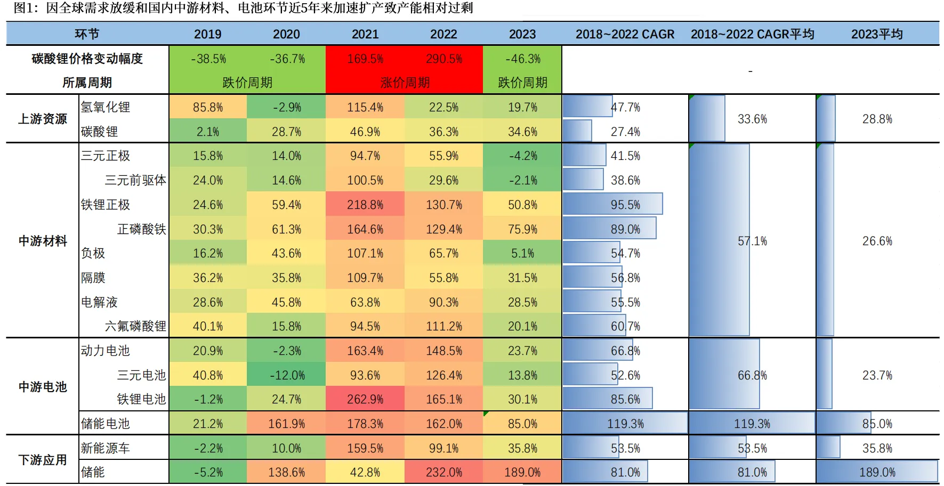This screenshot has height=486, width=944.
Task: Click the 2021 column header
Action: [x=365, y=34]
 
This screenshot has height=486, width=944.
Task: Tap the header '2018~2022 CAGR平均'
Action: [x=752, y=34]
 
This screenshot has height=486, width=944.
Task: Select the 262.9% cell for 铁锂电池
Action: [x=365, y=399]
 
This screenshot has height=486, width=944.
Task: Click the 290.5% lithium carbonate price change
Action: [x=444, y=59]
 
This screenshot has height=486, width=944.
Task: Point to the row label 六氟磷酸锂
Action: [x=135, y=326]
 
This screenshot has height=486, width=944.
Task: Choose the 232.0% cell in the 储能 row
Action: [x=444, y=472]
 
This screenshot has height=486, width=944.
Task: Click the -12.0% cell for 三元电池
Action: [x=287, y=375]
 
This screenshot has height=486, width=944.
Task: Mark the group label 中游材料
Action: [x=43, y=241]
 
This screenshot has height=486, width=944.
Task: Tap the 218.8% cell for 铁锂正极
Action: [x=365, y=205]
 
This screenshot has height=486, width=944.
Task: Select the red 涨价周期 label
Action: [x=405, y=83]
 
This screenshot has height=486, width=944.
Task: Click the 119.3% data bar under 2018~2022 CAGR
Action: [x=625, y=424]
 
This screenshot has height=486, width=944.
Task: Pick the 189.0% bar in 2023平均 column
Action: [x=877, y=472]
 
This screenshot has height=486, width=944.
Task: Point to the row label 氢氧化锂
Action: [x=106, y=107]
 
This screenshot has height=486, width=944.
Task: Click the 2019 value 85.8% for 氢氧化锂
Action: [x=208, y=107]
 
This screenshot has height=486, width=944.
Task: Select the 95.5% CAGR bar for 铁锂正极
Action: [x=613, y=205]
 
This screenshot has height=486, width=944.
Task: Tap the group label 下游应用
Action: [x=43, y=460]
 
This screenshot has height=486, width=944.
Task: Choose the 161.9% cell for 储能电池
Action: [x=287, y=424]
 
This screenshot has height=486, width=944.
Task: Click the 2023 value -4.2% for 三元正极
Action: [x=522, y=156]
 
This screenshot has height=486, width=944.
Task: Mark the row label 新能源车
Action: [x=106, y=448]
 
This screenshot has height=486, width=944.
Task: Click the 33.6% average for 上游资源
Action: [x=752, y=119]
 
